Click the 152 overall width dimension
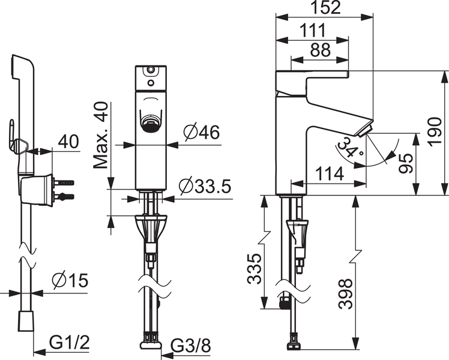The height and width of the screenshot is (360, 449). point(325,8)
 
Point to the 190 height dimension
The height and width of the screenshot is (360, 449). point(436,132)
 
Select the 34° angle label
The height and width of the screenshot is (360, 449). point(349,148)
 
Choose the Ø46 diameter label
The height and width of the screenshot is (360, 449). point(201,133)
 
